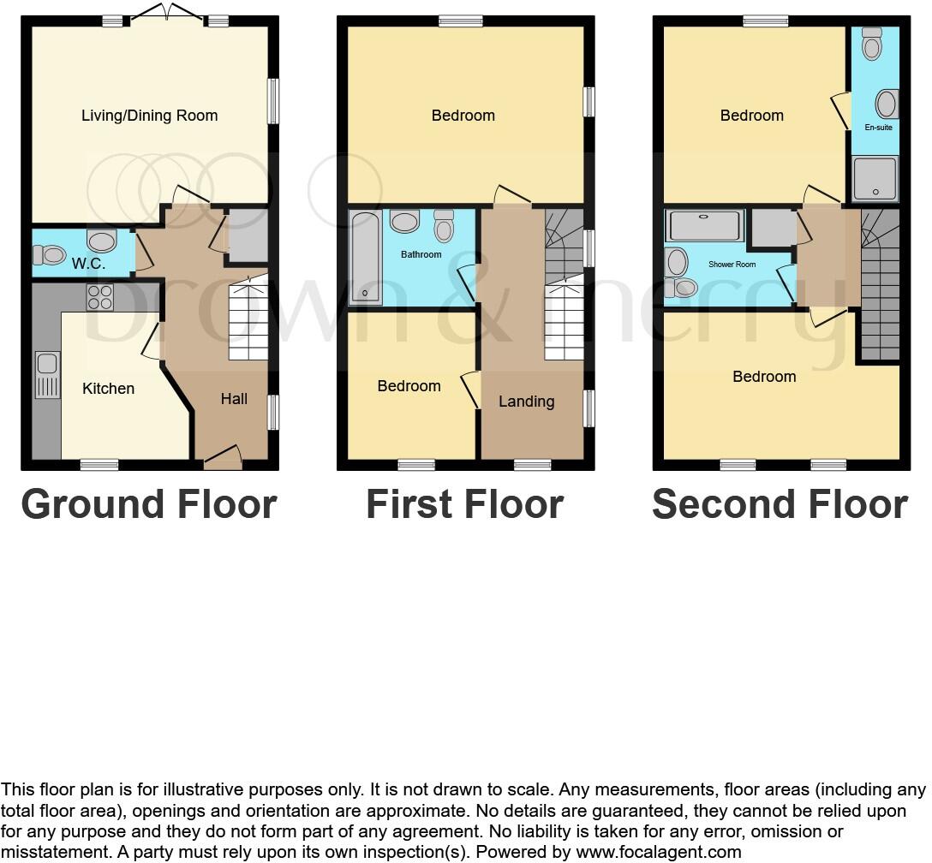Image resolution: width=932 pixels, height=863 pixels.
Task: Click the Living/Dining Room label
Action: pos(149,116)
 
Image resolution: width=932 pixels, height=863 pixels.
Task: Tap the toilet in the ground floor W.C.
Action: pos(50,254)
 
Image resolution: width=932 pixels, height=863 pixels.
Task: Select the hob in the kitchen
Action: pos(100,297)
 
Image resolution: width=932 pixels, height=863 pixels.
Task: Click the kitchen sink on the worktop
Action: pos(47,375)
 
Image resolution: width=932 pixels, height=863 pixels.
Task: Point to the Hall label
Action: pos(234,398)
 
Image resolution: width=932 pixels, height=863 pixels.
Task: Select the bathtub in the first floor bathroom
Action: pos(366,258)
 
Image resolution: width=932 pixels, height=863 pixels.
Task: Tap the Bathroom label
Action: pos(421,254)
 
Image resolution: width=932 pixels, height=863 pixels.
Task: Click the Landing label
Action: pos(526,402)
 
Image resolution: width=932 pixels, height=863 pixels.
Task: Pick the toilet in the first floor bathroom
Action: pos(444,226)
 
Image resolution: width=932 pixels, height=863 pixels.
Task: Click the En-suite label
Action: pos(878,128)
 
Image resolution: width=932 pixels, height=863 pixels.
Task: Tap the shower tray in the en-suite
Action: pos(875,179)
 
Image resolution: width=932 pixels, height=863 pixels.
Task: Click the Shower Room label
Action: pos(732,265)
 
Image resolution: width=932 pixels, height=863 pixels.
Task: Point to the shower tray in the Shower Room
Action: pos(705,226)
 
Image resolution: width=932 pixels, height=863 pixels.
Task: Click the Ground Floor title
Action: pos(149,504)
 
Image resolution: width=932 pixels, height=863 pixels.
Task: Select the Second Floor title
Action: pos(780,504)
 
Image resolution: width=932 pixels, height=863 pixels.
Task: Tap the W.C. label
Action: pos(88,264)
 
